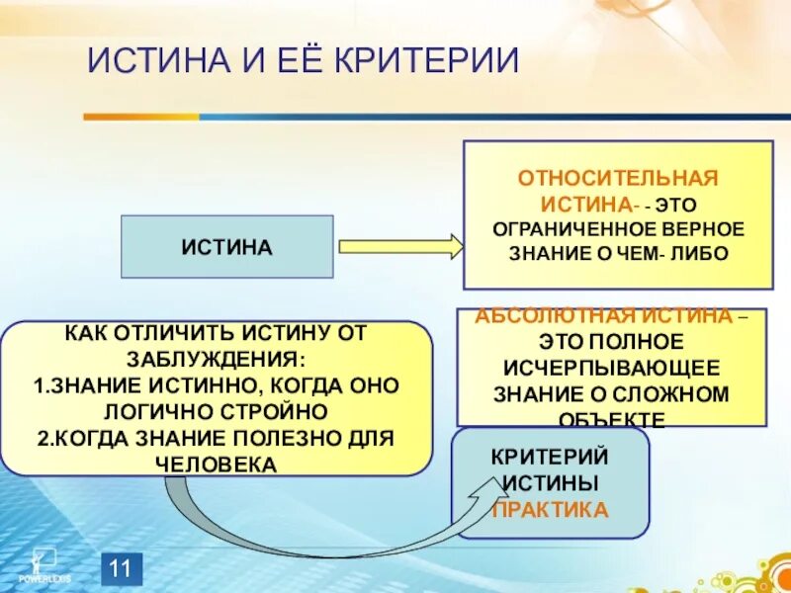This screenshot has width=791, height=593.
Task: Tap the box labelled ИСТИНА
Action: coord(226,246)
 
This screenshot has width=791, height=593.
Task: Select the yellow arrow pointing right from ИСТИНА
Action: coord(400,246)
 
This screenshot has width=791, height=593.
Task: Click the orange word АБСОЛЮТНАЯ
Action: coord(554,316)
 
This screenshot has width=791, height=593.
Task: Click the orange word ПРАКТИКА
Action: coord(550,510)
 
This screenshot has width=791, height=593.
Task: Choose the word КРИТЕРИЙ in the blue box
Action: coord(550,457)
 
